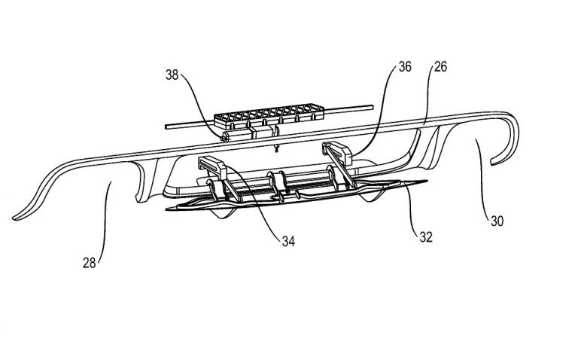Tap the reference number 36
tap(405, 66)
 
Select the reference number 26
tap(440, 66)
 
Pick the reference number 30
tap(497, 221)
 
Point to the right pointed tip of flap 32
tap(427, 182)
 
